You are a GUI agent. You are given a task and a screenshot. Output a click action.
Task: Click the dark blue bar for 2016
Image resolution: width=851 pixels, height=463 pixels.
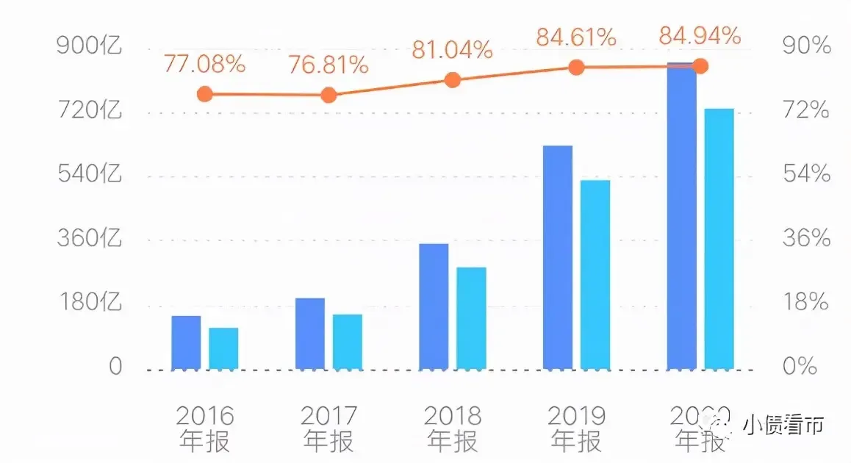coord(186,342)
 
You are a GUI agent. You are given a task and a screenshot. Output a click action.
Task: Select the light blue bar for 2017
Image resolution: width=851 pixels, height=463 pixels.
coord(348,342)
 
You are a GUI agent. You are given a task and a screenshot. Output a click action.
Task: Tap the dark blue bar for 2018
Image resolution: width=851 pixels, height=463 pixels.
coord(434,306)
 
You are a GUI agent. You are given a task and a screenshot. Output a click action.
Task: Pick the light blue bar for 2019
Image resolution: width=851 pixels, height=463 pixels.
coord(595,274)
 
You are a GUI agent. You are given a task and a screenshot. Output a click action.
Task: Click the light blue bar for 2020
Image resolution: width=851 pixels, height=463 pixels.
coord(719,238)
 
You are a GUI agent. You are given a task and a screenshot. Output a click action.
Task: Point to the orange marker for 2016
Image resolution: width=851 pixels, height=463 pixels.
coord(205,94)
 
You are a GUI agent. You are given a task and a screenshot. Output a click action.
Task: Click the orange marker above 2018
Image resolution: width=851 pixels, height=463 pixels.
coord(453,80)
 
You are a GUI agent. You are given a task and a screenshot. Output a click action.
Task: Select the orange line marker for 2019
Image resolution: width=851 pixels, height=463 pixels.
coord(577,68)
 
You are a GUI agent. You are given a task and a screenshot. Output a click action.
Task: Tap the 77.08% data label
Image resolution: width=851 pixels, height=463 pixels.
coord(204,64)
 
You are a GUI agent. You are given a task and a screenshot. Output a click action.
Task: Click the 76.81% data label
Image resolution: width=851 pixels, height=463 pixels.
coord(328,65)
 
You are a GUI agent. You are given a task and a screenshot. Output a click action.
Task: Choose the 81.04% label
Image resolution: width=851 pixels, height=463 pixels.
coord(452,50)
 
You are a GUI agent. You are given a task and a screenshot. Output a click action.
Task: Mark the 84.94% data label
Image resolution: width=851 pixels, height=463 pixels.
coord(700,35)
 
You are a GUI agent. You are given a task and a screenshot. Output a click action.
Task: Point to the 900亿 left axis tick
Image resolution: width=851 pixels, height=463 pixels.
coord(89,46)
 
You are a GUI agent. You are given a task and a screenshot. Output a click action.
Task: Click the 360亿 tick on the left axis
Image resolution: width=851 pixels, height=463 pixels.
coord(89,239)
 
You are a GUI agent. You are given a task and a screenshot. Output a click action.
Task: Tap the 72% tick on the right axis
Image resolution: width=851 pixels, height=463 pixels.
coord(805,111)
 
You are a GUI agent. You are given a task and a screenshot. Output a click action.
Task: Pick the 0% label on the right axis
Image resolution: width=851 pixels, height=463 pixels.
coord(800,366)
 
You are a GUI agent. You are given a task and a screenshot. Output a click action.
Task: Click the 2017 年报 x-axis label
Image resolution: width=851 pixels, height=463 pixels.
coord(328,428)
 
